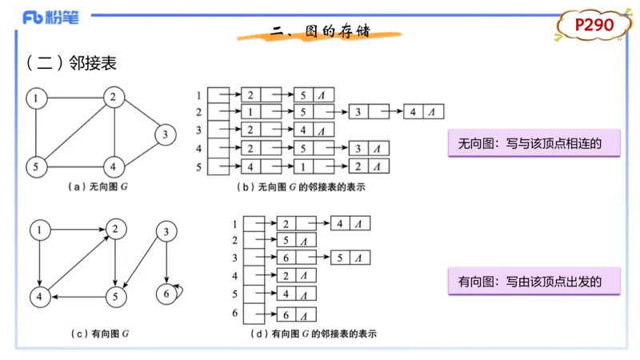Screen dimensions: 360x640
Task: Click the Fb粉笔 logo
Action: [50, 18]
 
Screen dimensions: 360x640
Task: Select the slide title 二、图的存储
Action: [320, 32]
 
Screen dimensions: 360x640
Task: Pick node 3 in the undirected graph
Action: [164, 134]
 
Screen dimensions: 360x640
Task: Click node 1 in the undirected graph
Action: [36, 98]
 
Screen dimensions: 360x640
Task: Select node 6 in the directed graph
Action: [166, 293]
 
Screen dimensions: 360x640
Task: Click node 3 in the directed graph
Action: [166, 233]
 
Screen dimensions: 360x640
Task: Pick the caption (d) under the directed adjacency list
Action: [313, 333]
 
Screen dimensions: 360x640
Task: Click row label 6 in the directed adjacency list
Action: [235, 314]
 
